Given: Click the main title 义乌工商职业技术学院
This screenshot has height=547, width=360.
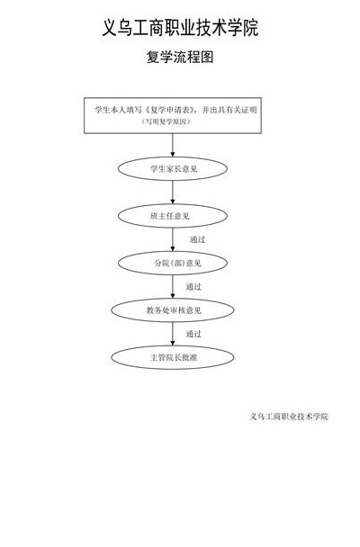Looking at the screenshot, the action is (x=180, y=28).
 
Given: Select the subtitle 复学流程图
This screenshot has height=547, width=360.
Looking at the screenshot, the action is (x=180, y=57).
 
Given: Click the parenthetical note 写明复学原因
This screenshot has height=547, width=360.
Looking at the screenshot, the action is (x=166, y=121).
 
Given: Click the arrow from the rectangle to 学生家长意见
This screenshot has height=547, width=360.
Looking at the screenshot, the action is (x=173, y=145).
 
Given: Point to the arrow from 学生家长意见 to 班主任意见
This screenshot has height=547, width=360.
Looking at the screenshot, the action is (x=173, y=193).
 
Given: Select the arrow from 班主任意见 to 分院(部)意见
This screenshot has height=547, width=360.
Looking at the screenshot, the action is (x=173, y=239).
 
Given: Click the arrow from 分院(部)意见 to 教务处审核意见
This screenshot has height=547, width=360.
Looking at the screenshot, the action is (x=173, y=286).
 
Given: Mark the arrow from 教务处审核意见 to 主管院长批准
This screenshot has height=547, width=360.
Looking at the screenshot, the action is (x=173, y=334).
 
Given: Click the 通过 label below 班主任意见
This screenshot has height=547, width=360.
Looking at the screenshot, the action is (x=197, y=239).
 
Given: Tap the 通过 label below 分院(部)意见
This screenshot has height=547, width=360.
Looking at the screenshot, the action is (x=193, y=287).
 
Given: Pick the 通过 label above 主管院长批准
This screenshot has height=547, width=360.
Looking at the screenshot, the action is (x=193, y=334).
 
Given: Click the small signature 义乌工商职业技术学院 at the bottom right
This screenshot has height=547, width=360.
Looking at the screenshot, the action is (x=289, y=417).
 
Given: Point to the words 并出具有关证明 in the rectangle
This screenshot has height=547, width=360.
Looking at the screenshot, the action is (x=229, y=110).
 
